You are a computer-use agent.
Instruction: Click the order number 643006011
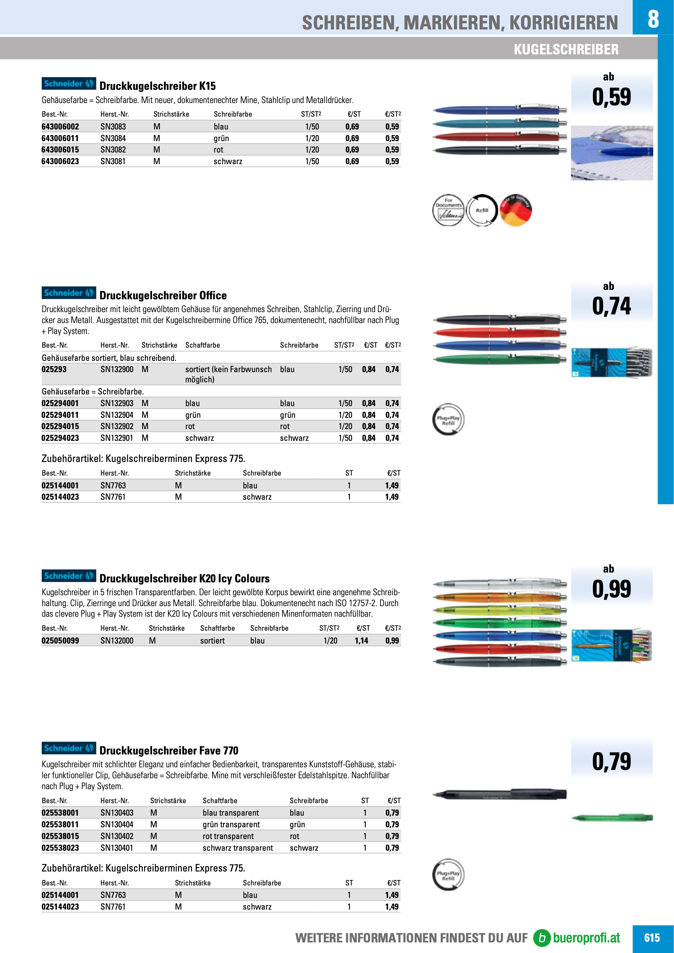tap(60, 138)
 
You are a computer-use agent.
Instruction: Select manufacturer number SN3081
tap(113, 162)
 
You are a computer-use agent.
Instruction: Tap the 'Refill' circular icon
tap(482, 211)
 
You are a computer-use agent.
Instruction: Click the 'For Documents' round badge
tap(448, 211)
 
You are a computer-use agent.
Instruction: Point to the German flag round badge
tap(516, 211)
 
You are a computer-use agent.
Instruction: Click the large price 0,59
tap(611, 97)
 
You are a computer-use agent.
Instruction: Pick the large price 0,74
tap(611, 306)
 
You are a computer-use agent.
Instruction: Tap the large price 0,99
tap(611, 589)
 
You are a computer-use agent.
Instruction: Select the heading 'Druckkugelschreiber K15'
tap(158, 86)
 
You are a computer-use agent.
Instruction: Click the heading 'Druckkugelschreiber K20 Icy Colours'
tap(184, 579)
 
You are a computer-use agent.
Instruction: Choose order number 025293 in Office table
tap(54, 369)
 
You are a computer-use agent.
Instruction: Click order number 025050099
tap(60, 641)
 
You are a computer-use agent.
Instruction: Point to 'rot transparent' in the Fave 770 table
tap(228, 836)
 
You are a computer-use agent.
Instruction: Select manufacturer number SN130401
tap(117, 848)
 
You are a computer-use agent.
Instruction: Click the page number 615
tap(652, 938)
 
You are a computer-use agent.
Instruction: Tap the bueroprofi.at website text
tap(586, 938)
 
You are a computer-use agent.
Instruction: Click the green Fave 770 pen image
tap(612, 818)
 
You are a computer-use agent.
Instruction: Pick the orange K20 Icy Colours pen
tap(499, 598)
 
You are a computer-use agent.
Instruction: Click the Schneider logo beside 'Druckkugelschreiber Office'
tap(68, 293)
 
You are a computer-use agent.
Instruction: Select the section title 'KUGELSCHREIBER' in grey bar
tap(566, 49)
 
